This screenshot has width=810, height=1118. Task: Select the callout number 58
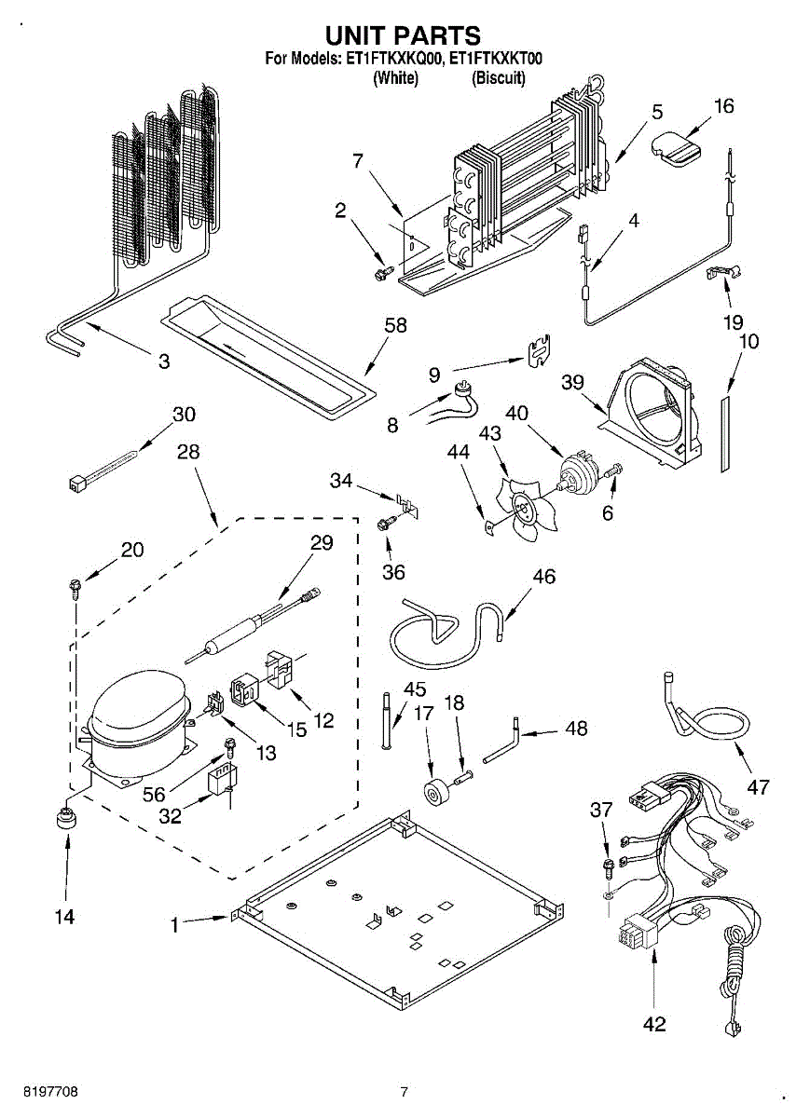[396, 325]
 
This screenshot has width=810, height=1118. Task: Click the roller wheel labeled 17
[433, 794]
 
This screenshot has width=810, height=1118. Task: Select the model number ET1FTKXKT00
[495, 59]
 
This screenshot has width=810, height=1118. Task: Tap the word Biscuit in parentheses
[499, 78]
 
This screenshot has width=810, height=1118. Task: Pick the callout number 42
[654, 1023]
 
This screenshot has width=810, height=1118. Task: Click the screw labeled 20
[74, 586]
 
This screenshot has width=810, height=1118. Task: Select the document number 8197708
[39, 1091]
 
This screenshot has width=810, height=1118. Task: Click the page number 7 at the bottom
[404, 1091]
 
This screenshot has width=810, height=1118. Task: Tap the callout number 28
[188, 452]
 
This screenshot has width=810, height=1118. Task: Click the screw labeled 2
[380, 271]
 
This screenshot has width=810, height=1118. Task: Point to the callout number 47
[758, 787]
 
